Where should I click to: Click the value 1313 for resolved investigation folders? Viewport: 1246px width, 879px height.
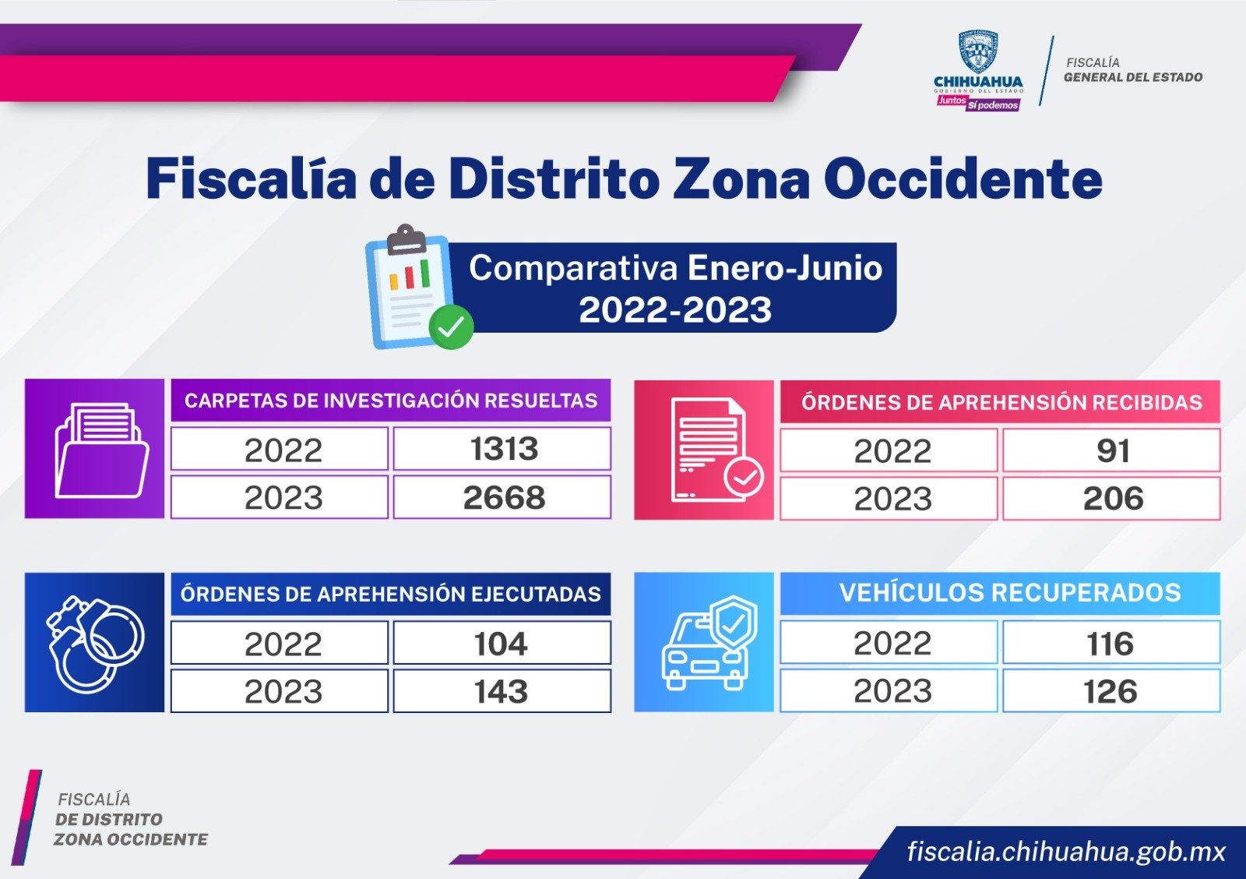[x=505, y=449]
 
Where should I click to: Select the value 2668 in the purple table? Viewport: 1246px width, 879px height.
[x=504, y=498]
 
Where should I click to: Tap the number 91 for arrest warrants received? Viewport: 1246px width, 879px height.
[x=1113, y=451]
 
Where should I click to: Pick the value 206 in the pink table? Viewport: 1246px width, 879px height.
[x=1113, y=498]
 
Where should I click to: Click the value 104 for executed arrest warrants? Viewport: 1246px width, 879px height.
[x=501, y=644]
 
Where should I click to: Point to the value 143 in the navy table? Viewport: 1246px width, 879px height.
[x=501, y=692]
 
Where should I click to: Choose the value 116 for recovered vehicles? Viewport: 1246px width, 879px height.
[x=1110, y=644]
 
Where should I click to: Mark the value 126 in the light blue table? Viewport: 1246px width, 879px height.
[x=1110, y=692]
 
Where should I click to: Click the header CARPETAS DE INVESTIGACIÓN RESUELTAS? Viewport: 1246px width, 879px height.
[x=390, y=401]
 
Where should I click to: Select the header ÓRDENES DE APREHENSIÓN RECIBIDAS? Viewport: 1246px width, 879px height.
[x=1001, y=402]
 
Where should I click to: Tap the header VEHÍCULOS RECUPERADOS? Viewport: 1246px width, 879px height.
[x=1010, y=593]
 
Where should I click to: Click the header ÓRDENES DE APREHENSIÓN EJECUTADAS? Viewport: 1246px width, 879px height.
[x=390, y=595]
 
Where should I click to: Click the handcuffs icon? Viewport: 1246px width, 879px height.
[x=95, y=644]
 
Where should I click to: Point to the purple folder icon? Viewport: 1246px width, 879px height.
[x=102, y=450]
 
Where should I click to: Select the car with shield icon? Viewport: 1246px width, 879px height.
[x=710, y=643]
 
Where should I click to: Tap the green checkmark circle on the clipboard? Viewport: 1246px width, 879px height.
[x=451, y=327]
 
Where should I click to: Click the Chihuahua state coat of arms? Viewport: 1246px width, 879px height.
[x=978, y=51]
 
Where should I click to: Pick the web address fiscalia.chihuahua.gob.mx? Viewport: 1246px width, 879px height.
[x=1066, y=852]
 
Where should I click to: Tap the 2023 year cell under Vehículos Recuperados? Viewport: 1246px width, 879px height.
[x=892, y=691]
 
